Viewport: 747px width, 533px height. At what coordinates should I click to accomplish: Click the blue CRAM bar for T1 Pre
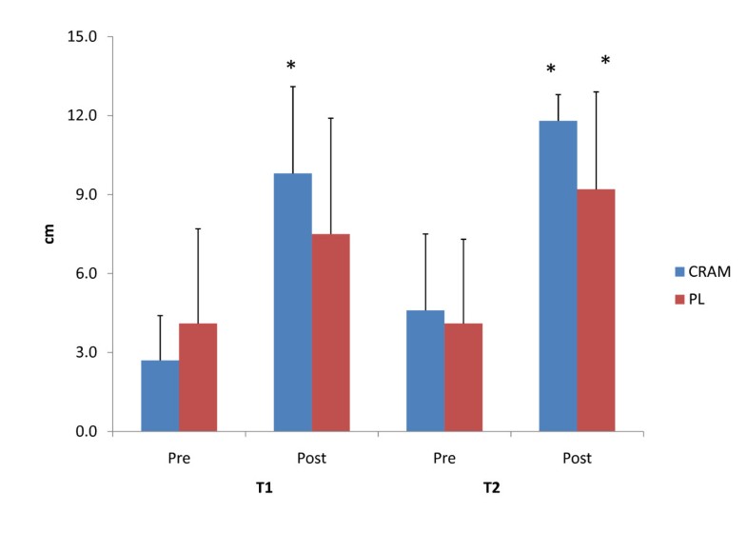point(160,396)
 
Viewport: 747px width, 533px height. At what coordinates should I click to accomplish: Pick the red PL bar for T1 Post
point(330,333)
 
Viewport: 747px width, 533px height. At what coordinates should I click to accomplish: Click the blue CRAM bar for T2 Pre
point(425,371)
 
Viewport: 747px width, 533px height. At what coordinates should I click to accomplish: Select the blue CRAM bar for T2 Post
point(559,276)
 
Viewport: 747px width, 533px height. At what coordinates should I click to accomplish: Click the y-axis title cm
point(49,234)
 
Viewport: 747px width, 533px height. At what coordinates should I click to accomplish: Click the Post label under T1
point(311,458)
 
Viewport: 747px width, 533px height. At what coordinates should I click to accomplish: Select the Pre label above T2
point(444,458)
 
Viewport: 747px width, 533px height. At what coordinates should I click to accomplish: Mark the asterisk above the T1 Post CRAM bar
point(291,67)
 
